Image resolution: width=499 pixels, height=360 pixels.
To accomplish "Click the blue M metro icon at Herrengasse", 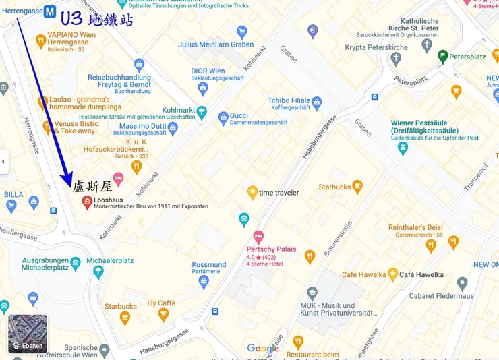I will click(50, 11).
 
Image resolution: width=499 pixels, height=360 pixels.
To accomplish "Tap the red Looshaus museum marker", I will click(86, 202).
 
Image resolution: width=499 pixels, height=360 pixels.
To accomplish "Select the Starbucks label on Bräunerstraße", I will click(336, 187).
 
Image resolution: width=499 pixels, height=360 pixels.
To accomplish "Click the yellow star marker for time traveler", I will click(253, 193).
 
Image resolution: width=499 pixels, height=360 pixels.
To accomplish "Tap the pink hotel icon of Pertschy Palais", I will click(258, 237).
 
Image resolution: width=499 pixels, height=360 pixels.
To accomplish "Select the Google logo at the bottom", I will click(263, 348).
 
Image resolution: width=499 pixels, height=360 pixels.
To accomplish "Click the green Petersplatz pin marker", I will click(442, 57).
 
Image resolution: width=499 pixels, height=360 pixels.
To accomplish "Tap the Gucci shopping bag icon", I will click(223, 118).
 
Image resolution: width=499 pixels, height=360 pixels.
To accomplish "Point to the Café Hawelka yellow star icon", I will click(392, 274).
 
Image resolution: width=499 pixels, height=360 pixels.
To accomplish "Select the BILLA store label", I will click(13, 194).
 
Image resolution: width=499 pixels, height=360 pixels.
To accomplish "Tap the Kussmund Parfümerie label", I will click(208, 265).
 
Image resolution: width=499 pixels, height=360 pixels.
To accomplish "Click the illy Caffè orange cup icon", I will click(163, 315).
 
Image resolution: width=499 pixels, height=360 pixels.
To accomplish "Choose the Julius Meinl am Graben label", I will click(206, 44).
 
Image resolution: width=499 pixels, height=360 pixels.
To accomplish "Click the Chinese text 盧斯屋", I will click(92, 187).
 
